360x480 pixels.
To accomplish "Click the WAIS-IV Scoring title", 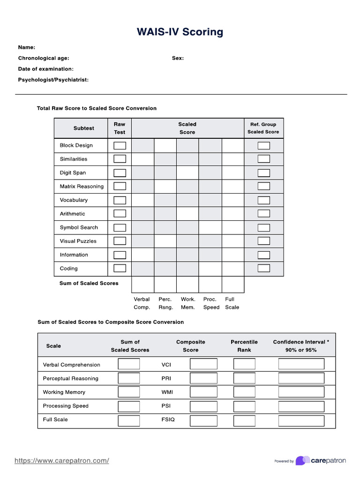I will tap(180, 32).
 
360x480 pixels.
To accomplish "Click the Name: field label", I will tap(27, 47).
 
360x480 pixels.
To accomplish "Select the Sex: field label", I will tap(178, 58).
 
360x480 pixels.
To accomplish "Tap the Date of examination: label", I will tap(45, 69).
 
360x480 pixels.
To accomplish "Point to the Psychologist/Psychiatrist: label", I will tap(53, 80).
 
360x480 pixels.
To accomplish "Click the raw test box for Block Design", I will tap(120, 145).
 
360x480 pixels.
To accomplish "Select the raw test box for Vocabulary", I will tap(120, 200).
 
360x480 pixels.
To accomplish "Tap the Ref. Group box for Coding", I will tap(264, 269).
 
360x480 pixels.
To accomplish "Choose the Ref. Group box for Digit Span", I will tap(264, 172).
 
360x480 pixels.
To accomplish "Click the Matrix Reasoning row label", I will tap(82, 187).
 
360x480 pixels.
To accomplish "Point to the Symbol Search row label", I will tap(79, 227).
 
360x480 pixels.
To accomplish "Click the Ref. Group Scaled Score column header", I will tap(263, 128).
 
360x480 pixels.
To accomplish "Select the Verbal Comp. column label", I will tap(142, 303).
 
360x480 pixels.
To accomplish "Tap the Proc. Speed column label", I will tap(211, 303).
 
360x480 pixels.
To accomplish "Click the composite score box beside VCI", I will tap(203, 364).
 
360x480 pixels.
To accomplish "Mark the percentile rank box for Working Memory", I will tap(244, 392).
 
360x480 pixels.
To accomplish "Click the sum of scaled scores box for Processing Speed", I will tap(128, 406).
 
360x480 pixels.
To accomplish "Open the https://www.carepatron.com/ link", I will tap(62, 461).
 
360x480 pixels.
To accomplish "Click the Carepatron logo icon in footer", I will tap(302, 461).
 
